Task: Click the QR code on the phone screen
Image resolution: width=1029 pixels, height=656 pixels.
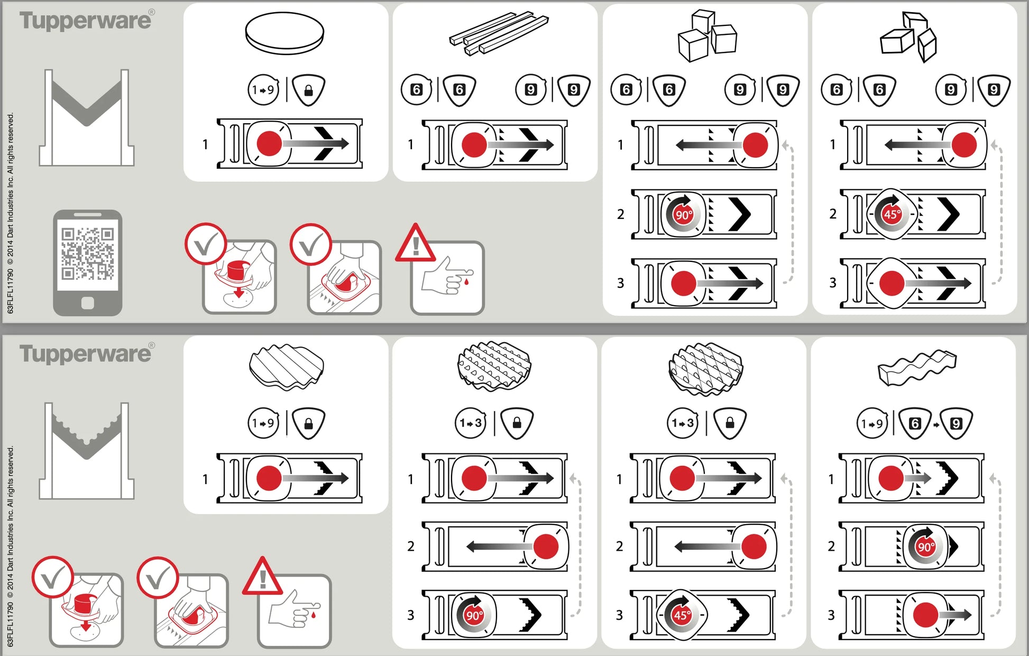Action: [88, 253]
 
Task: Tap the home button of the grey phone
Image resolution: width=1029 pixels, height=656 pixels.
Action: [88, 303]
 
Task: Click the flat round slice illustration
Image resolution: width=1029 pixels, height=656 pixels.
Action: [284, 33]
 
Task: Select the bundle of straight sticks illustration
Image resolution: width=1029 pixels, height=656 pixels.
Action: [499, 33]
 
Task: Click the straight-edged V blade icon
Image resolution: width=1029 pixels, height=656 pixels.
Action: [87, 118]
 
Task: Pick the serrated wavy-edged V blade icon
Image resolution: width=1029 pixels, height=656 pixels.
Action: [87, 451]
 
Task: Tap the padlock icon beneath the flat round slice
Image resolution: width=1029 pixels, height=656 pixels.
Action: [309, 90]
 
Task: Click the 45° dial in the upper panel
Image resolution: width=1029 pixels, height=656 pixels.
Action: [892, 214]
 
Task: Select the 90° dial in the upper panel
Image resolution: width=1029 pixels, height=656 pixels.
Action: [683, 214]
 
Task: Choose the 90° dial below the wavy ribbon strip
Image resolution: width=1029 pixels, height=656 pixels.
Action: [925, 546]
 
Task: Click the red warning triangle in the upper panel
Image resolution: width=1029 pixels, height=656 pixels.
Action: [416, 243]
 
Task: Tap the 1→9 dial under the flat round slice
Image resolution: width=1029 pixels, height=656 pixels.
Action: [263, 90]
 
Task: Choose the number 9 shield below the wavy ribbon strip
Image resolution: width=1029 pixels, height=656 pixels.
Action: [956, 423]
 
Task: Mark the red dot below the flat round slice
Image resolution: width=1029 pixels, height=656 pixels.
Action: [269, 143]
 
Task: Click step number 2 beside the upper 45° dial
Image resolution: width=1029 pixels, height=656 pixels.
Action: [833, 214]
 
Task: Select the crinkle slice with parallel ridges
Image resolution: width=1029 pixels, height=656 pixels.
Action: [286, 367]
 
